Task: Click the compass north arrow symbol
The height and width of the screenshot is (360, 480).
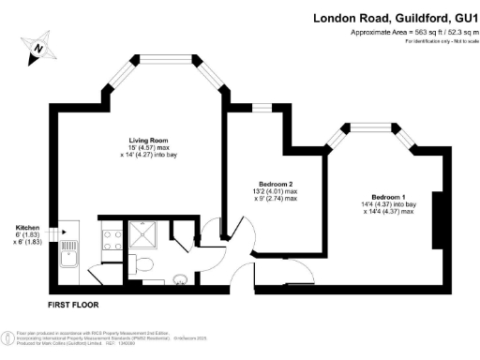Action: pyautogui.click(x=37, y=47)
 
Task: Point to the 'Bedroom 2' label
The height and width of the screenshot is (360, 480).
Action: pyautogui.click(x=277, y=183)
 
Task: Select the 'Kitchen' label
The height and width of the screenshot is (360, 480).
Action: pyautogui.click(x=27, y=228)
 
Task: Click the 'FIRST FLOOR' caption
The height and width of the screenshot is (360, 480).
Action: pyautogui.click(x=71, y=306)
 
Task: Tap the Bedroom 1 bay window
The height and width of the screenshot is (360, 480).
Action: pyautogui.click(x=379, y=128)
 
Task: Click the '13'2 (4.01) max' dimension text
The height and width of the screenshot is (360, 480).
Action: pyautogui.click(x=277, y=191)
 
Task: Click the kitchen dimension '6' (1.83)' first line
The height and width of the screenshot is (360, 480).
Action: pyautogui.click(x=27, y=235)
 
